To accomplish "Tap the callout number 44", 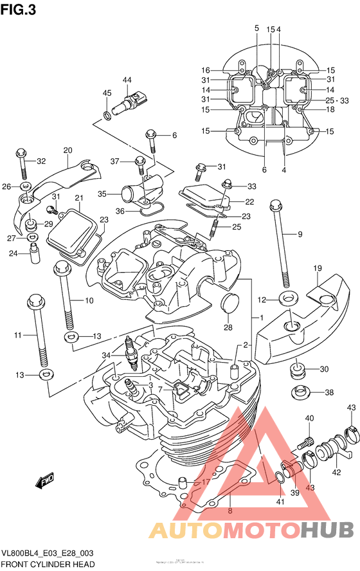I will tap(127, 80).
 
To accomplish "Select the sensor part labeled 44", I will tap(132, 102).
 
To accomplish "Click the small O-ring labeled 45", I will tap(106, 116).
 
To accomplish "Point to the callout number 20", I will tap(67, 150).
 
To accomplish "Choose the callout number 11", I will tap(18, 335).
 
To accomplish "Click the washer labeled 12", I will tap(288, 299).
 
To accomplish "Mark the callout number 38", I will tap(329, 392).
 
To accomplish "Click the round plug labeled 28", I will tap(228, 304).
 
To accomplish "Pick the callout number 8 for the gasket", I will tap(230, 512).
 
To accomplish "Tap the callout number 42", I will tap(336, 472).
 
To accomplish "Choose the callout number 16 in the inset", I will tap(206, 70).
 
